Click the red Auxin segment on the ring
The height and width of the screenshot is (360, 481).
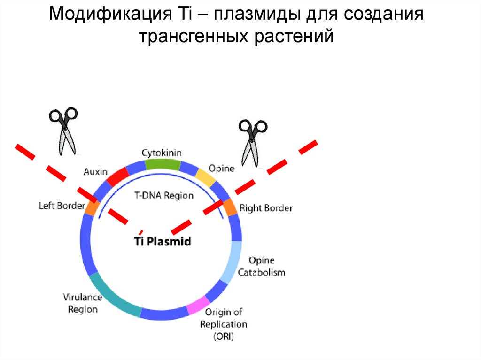[117, 176]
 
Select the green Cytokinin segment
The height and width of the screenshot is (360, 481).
[162, 164]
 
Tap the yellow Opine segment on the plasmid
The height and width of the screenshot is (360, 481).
[205, 177]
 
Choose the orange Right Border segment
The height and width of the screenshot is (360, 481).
[230, 207]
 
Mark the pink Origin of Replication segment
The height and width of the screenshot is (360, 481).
[197, 306]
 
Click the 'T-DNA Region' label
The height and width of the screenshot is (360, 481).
[163, 196]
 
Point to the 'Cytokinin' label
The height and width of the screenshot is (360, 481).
[162, 153]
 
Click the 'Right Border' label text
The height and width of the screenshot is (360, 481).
[266, 207]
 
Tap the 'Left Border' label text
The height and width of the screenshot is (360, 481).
[62, 206]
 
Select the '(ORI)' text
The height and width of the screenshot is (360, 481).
[224, 337]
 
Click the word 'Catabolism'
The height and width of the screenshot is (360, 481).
[262, 272]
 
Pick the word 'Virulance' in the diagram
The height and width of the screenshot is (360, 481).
[82, 297]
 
